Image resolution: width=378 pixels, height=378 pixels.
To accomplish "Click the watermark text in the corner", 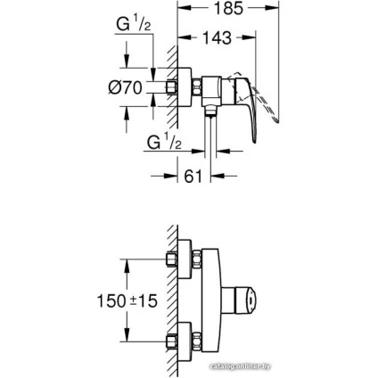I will [x=335, y=366].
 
